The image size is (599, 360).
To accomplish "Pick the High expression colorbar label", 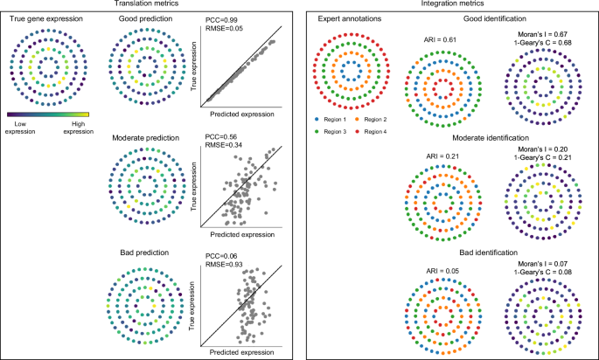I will click(x=78, y=127).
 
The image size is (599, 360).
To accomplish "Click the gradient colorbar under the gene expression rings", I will click(x=48, y=113).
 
